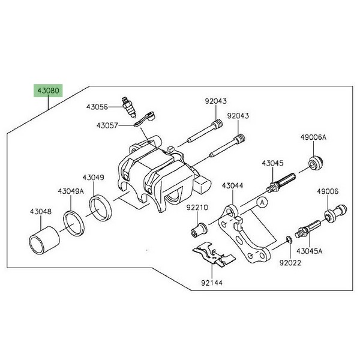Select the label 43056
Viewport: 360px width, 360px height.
tap(97, 107)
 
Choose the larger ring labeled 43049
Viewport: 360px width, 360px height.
tap(101, 206)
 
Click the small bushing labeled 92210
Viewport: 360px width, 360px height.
tap(200, 229)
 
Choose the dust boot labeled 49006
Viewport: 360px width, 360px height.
tap(332, 212)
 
